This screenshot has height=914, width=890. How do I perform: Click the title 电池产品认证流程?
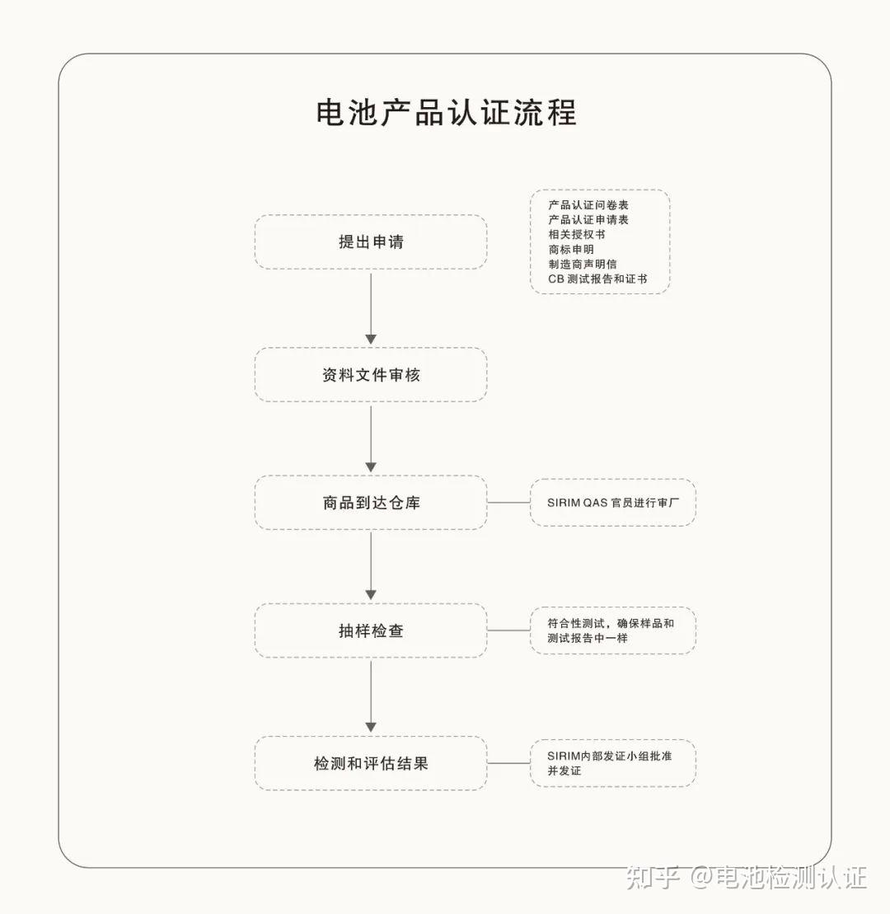click(446, 113)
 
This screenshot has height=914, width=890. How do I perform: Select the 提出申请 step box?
click(370, 242)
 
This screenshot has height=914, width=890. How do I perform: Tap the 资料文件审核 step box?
click(370, 375)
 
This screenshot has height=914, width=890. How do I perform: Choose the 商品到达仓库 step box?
click(370, 503)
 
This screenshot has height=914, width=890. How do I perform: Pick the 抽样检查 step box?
click(370, 631)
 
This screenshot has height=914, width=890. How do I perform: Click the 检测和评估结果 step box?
click(370, 764)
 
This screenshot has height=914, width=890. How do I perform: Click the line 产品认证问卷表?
click(588, 204)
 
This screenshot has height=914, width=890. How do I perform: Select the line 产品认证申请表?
click(588, 219)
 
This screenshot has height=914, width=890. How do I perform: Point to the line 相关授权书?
click(577, 234)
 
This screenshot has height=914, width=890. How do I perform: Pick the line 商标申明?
click(570, 249)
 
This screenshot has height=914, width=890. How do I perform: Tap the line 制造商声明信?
click(583, 264)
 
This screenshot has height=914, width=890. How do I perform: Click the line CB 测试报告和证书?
click(597, 279)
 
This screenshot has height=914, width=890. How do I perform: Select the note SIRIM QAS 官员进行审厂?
click(612, 503)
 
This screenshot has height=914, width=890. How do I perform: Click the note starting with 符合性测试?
click(611, 630)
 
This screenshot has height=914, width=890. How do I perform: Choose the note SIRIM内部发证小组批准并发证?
click(611, 763)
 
